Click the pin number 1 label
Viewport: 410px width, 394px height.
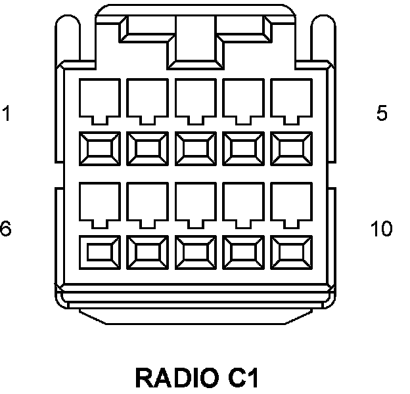(x=7, y=114)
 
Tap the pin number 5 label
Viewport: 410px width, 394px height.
(x=382, y=114)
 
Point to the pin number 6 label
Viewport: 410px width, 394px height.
(x=5, y=229)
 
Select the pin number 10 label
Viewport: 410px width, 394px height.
(x=381, y=229)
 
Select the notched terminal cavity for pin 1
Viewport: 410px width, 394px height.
(x=100, y=98)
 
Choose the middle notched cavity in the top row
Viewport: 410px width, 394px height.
(x=196, y=98)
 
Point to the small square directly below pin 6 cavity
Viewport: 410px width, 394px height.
(x=100, y=251)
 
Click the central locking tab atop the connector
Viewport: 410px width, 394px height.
(x=195, y=36)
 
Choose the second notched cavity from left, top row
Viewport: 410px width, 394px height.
(x=148, y=98)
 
